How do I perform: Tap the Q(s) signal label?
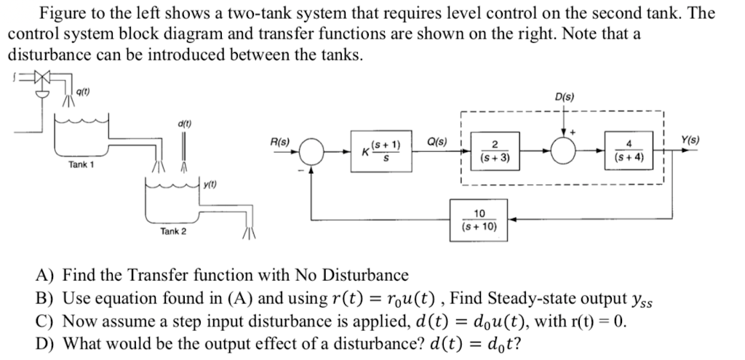click(x=437, y=141)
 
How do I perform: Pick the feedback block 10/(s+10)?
click(x=479, y=219)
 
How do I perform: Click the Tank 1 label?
click(x=81, y=165)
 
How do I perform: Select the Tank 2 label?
click(x=173, y=231)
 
